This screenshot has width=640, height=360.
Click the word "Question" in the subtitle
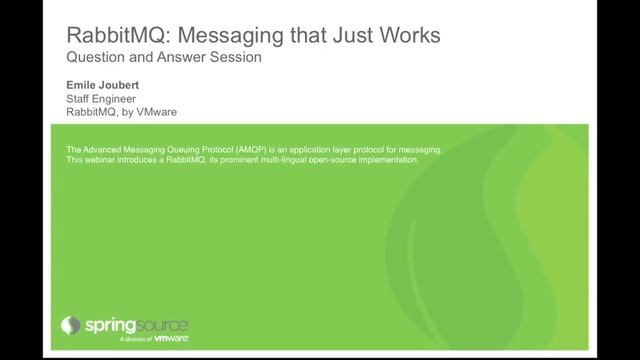(x=95, y=58)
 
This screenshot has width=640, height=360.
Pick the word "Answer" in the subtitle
(x=177, y=58)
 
